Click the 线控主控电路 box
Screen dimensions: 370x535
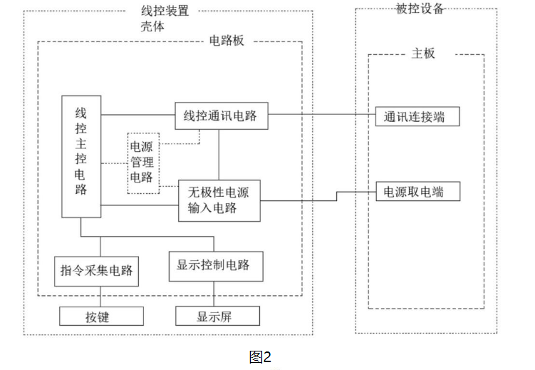tap(80, 157)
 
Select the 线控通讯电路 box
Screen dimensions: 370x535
tap(221, 115)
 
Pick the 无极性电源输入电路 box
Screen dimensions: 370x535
tap(219, 200)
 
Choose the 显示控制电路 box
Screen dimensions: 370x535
tap(214, 265)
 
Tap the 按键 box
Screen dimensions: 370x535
tap(100, 315)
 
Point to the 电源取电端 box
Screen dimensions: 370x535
tap(417, 192)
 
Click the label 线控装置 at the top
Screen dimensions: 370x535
tap(170, 11)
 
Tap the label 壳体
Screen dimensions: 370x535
tap(153, 26)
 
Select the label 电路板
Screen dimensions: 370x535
tap(228, 41)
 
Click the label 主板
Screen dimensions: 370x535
tap(423, 53)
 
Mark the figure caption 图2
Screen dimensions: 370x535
tap(261, 356)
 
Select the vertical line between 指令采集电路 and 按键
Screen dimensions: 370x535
tap(99, 296)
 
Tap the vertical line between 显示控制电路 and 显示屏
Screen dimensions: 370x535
tap(214, 294)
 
